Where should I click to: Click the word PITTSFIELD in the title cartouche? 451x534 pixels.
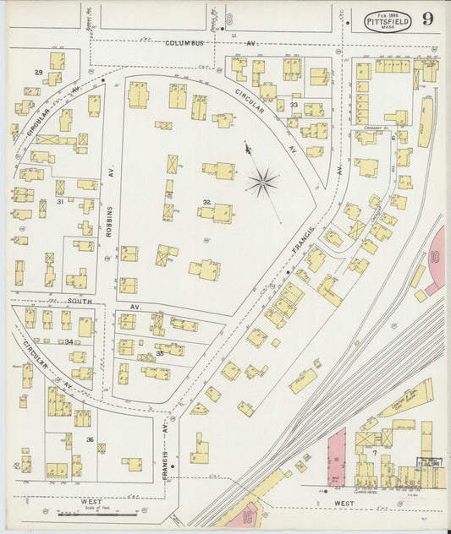click(x=388, y=17)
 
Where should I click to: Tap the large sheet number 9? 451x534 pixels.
click(x=431, y=19)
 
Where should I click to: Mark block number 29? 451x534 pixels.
click(x=38, y=74)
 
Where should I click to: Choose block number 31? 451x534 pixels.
click(x=60, y=202)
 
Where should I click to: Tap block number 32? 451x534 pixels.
click(x=206, y=202)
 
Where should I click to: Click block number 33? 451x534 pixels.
click(x=294, y=105)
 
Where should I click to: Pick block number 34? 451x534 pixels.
click(x=69, y=342)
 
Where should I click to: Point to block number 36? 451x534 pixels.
click(x=90, y=439)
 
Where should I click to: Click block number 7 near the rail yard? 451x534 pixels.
click(x=373, y=454)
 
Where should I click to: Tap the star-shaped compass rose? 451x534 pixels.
click(x=263, y=180)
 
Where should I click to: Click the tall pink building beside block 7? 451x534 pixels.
click(x=337, y=456)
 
